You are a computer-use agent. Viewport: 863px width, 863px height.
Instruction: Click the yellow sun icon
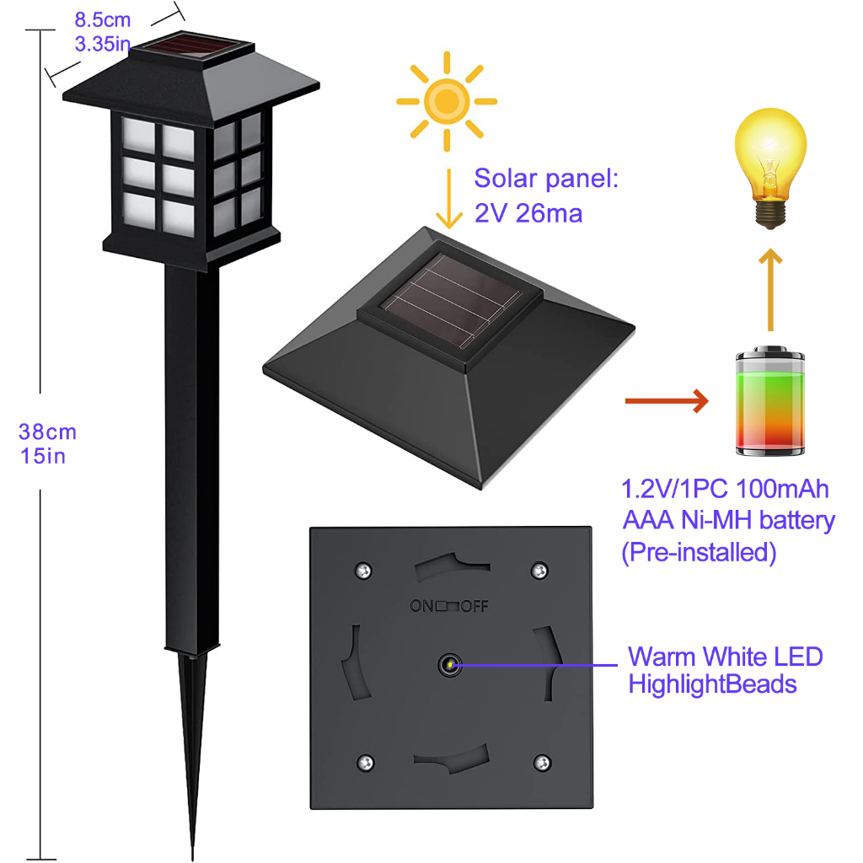448,102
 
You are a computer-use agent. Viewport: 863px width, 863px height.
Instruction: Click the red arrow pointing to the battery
665,402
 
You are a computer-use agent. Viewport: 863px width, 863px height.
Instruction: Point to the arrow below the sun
451,200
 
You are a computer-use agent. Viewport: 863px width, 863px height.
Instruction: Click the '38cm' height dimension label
48,432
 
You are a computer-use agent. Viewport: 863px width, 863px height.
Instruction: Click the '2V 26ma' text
528,214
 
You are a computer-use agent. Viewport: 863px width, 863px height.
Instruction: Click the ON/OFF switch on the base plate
448,606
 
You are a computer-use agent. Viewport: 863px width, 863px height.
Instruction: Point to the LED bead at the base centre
448,665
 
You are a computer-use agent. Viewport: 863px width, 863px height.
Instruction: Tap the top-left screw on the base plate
362,570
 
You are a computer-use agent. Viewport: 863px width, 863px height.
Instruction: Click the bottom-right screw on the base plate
540,763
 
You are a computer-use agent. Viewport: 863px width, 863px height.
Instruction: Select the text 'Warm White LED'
725,657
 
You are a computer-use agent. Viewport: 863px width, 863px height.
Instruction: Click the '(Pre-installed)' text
699,553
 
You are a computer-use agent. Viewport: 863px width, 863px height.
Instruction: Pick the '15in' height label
43,457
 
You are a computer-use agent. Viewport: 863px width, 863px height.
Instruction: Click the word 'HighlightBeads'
712,683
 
